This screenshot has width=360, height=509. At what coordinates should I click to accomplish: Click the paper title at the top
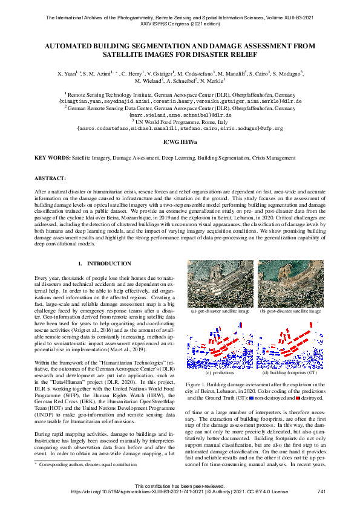coord(180,50)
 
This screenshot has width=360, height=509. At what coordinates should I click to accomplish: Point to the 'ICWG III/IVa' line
coord(180,143)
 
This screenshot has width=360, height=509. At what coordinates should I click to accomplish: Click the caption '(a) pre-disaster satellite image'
coord(219,312)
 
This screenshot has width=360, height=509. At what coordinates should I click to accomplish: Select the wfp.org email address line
coord(180,128)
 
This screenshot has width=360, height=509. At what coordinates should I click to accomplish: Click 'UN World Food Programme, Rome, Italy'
coord(180,121)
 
